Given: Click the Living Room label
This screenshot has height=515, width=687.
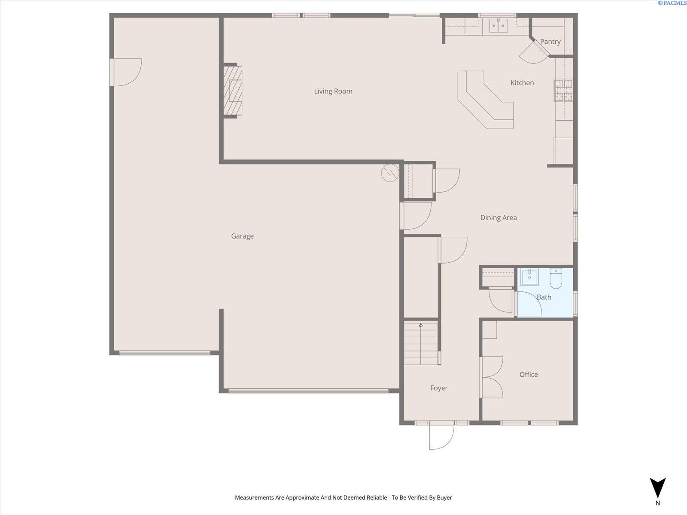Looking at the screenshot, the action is pos(333,91).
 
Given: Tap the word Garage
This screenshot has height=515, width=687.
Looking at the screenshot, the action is pos(242,236).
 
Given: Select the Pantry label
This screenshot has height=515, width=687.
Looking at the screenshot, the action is pos(550,42).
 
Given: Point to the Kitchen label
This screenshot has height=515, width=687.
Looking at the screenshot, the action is pos(522,83).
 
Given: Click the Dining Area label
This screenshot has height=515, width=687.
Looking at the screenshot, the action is pos(499,218).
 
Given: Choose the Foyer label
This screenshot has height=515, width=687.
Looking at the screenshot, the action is pos(439,388).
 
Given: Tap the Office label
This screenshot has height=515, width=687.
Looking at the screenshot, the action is pos(529,375).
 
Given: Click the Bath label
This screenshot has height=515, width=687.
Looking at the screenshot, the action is pos(544,297).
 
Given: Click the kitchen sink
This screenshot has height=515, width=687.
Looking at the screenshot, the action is pos(498,25).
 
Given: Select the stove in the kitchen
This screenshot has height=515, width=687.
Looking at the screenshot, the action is pos(563,90).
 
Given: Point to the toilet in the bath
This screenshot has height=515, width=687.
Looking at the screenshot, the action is pos(556,278).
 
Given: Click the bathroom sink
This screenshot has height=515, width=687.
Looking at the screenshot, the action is pos(529,278).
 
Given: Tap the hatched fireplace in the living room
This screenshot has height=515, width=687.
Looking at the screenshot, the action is pos(233,91).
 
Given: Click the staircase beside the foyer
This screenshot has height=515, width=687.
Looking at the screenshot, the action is pos(421,343).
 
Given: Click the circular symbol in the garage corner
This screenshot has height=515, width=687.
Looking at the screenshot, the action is pos(390,173).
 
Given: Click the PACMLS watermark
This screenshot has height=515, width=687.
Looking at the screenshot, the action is pos(672,3).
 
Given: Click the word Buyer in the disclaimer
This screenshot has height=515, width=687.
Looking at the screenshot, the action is pos(444,497).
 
